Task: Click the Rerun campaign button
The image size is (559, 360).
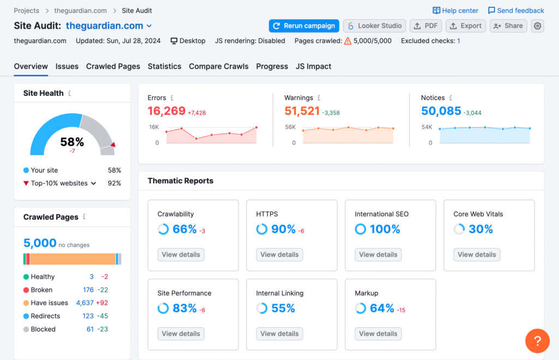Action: tap(304, 26)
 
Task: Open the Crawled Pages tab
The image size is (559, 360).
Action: tap(113, 66)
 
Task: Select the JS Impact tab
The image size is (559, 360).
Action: tap(313, 66)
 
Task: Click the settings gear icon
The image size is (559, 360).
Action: tap(538, 26)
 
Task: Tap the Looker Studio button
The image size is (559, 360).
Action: tap(374, 26)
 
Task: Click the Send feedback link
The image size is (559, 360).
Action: tap(516, 10)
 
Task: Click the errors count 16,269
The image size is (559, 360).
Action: tap(166, 111)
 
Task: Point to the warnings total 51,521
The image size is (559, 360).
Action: tap(302, 111)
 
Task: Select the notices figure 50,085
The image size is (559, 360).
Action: tap(441, 111)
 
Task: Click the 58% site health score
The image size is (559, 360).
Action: tap(72, 142)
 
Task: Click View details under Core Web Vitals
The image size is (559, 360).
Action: tap(477, 254)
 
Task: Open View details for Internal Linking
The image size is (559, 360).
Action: tap(279, 333)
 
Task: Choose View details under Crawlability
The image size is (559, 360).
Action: tap(181, 254)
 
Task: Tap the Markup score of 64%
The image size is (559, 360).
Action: tap(382, 308)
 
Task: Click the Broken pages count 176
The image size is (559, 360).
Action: tap(88, 290)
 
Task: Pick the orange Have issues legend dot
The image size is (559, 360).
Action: tap(26, 303)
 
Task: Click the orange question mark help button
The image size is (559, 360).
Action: tap(537, 341)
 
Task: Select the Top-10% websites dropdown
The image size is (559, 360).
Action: tap(63, 183)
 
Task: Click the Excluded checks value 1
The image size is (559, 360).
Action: tap(459, 41)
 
